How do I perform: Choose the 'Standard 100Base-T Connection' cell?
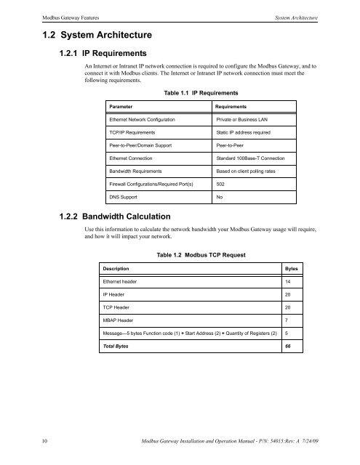(250, 157)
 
